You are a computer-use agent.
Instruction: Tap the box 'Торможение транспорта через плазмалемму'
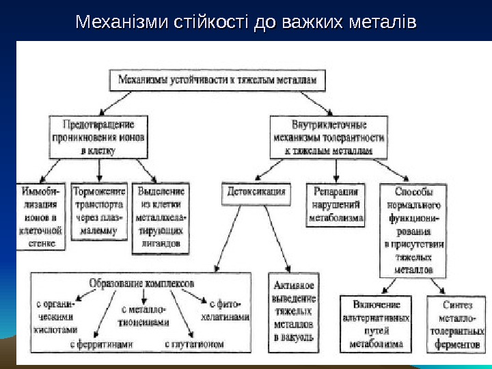coord(100,211)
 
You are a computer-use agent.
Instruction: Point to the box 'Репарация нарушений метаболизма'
coord(336,204)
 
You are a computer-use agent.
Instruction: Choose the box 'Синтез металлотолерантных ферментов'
coord(456,324)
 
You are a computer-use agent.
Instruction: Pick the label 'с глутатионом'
coord(195,344)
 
